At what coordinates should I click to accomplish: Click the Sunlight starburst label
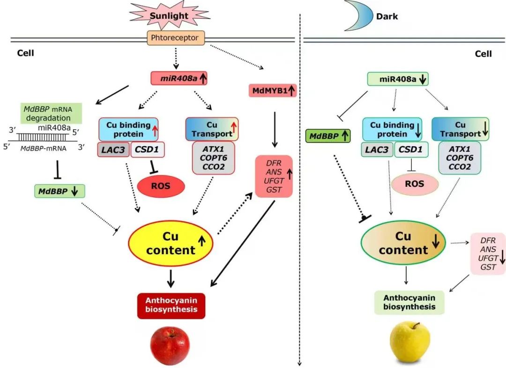click(168, 16)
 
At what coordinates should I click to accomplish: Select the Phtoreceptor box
click(176, 38)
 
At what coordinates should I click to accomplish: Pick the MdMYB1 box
click(273, 90)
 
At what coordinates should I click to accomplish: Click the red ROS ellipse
click(161, 186)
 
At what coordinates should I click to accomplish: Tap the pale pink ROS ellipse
click(415, 184)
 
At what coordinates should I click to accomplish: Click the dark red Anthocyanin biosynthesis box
click(171, 305)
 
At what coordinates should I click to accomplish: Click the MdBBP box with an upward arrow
click(328, 136)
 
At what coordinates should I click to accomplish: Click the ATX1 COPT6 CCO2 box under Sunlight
click(213, 159)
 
